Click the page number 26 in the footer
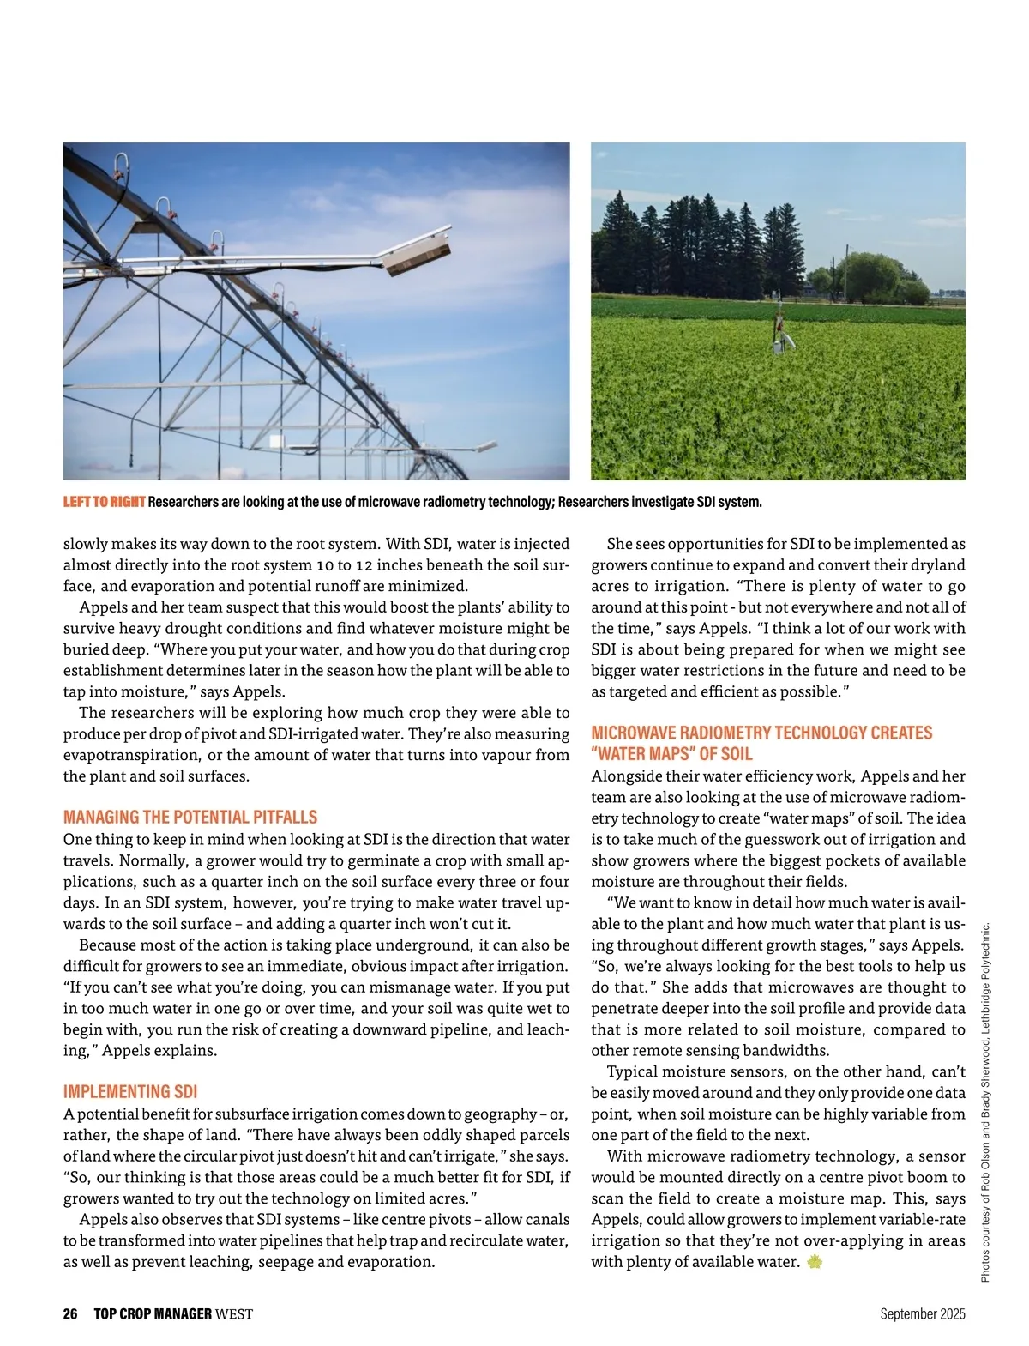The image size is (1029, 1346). (x=70, y=1313)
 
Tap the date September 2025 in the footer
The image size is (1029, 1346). (x=922, y=1313)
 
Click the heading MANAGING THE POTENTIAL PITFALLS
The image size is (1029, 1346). (x=190, y=817)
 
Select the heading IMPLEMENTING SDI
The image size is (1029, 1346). (x=130, y=1091)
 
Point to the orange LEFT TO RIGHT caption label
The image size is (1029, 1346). (x=104, y=502)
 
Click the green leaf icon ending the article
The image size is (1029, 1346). (x=815, y=1262)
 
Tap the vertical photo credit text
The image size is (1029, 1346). (x=985, y=1102)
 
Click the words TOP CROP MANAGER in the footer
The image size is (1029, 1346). (x=153, y=1313)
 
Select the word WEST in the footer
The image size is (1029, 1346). (x=234, y=1313)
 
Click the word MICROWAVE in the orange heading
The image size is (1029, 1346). (x=631, y=733)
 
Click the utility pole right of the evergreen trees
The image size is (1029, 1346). (x=845, y=270)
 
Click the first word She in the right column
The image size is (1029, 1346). (x=619, y=544)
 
